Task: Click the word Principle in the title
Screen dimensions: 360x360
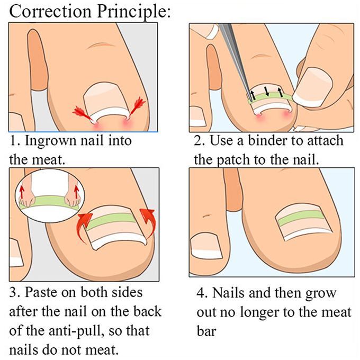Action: click(134, 12)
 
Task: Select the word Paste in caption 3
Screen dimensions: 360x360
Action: click(40, 292)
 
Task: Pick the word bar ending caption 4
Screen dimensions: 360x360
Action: click(206, 331)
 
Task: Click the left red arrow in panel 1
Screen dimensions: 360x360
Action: click(83, 114)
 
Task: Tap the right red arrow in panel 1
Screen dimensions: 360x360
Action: click(137, 107)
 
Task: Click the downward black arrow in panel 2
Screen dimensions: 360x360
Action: click(266, 92)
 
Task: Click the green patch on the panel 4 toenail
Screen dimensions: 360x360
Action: click(300, 217)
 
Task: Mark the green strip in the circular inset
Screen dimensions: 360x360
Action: click(49, 202)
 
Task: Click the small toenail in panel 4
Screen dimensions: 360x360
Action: click(206, 246)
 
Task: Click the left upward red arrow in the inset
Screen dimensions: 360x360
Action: click(22, 192)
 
